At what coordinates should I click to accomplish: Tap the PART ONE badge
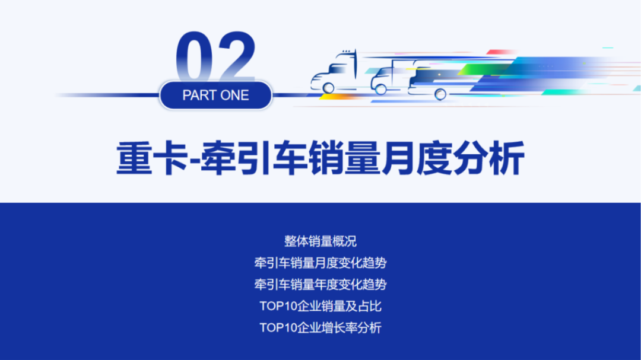pos(215,95)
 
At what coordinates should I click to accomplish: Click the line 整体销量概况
pos(320,241)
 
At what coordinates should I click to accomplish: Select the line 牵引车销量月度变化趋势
pos(320,263)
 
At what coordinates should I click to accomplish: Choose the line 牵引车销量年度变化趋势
pos(320,284)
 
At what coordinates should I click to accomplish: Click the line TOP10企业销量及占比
pos(320,306)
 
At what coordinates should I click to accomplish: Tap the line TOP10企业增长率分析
pos(320,327)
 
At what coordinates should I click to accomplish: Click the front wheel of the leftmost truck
pos(328,88)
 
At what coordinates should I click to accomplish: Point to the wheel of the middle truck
pos(380,89)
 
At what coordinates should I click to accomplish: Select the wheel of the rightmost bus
pos(440,94)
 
